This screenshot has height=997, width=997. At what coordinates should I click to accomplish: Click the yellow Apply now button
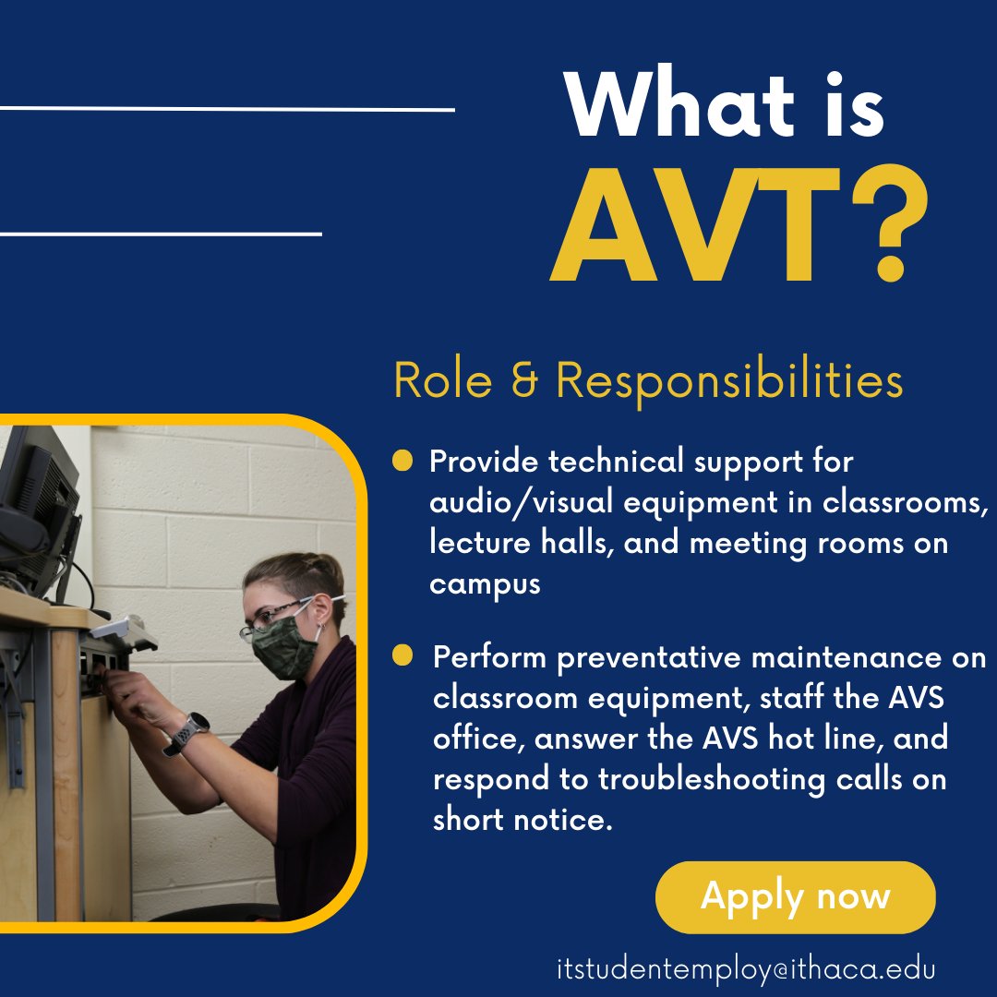click(x=795, y=896)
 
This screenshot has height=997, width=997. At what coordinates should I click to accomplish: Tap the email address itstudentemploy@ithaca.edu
click(x=746, y=969)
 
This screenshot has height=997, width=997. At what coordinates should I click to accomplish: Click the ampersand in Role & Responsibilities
click(x=523, y=379)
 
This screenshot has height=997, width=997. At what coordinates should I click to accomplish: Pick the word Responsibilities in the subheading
click(x=729, y=379)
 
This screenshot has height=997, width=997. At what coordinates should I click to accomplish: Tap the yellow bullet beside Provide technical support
click(x=402, y=460)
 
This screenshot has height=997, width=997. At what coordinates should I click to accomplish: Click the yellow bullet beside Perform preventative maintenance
click(x=402, y=656)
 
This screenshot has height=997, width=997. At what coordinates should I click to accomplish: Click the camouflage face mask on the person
click(x=285, y=645)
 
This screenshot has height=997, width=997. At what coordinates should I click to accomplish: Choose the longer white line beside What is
click(x=227, y=110)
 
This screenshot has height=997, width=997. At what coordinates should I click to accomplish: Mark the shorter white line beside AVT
click(x=161, y=234)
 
